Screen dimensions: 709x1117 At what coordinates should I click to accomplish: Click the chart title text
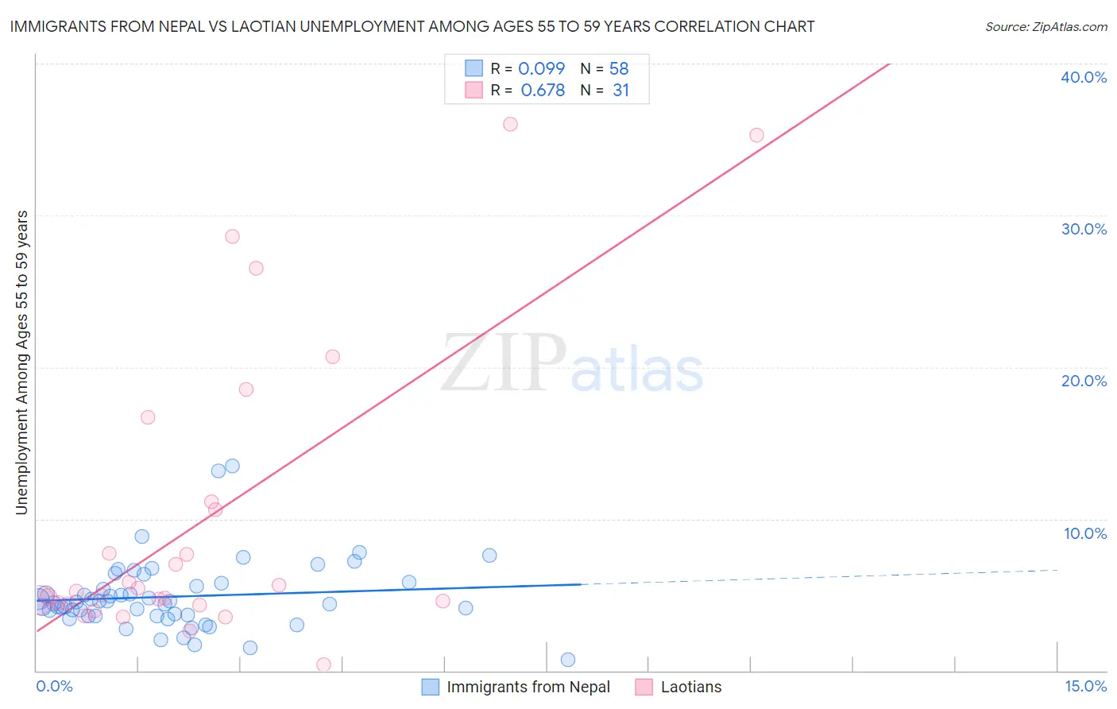pyautogui.click(x=412, y=27)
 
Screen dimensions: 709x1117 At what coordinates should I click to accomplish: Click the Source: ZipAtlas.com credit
pyautogui.click(x=1045, y=27)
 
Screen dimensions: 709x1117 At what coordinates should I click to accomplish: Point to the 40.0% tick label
pyautogui.click(x=1084, y=77)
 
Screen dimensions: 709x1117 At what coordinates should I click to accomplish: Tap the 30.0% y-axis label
pyautogui.click(x=1084, y=229)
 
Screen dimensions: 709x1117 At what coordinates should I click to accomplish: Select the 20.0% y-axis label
pyautogui.click(x=1084, y=381)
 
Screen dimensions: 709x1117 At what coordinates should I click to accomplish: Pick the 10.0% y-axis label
pyautogui.click(x=1084, y=533)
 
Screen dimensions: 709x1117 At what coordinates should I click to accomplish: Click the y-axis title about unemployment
pyautogui.click(x=22, y=362)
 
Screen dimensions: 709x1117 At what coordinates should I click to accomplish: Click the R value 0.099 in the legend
pyautogui.click(x=541, y=69)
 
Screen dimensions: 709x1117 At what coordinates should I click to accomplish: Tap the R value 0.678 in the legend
pyautogui.click(x=543, y=91)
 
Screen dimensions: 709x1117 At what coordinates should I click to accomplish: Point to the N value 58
pyautogui.click(x=619, y=69)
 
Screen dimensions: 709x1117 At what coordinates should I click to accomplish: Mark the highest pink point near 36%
pyautogui.click(x=510, y=124)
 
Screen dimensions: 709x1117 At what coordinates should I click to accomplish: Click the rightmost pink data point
pyautogui.click(x=756, y=135)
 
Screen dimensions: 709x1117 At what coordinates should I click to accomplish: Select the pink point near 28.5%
pyautogui.click(x=232, y=236)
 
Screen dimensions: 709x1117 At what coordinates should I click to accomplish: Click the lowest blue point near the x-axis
pyautogui.click(x=567, y=660)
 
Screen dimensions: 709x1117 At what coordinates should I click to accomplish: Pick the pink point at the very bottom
pyautogui.click(x=323, y=664)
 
